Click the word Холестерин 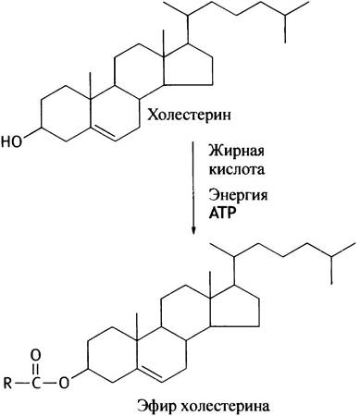tap(189, 116)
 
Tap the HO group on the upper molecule tap(12, 142)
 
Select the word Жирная tap(236, 152)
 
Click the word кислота tap(237, 169)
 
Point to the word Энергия tap(238, 196)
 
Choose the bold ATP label tap(222, 214)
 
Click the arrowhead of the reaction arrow tap(193, 230)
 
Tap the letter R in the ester tap(8, 384)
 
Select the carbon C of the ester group tap(36, 384)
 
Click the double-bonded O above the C tap(36, 355)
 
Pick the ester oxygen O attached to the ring tap(64, 384)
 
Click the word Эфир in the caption tap(156, 407)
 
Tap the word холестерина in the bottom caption tap(225, 406)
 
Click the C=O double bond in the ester tap(36, 370)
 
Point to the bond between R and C tap(22, 384)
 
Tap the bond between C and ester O tap(50, 384)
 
